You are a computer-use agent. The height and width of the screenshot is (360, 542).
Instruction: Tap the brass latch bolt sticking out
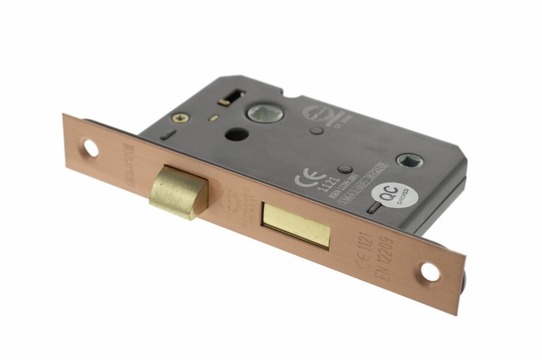click(x=178, y=192)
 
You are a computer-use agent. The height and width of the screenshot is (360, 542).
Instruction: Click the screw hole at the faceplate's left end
click(x=90, y=148)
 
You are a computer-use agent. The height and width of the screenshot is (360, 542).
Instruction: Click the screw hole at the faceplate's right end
click(x=429, y=272)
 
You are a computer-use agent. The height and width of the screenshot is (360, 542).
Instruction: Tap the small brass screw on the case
click(x=178, y=119)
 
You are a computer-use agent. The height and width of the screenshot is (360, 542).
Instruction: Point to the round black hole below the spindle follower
click(x=234, y=134)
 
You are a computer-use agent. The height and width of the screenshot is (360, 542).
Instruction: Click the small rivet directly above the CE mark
click(x=344, y=169)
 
